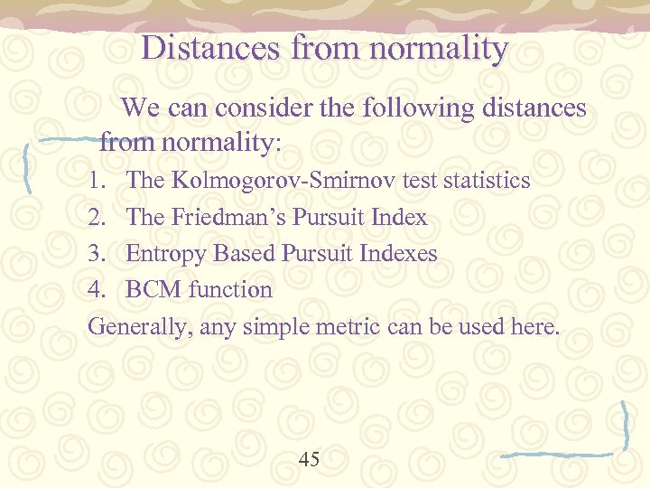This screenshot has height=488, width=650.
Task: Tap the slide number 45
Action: pyautogui.click(x=309, y=460)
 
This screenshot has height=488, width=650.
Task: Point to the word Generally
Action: pyautogui.click(x=139, y=326)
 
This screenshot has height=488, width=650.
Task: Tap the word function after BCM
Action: pyautogui.click(x=230, y=290)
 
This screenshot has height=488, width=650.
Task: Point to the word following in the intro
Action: pyautogui.click(x=410, y=108)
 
